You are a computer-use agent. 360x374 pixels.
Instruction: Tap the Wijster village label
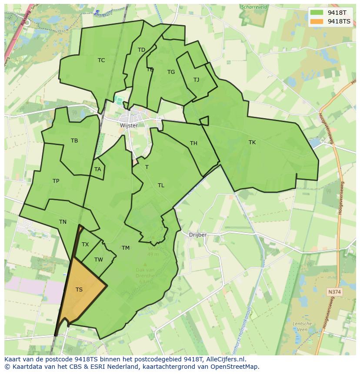point(129,126)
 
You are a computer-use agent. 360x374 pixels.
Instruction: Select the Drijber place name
point(198,235)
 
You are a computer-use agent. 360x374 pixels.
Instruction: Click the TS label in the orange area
point(79,290)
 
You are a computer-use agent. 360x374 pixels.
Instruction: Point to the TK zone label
point(252,142)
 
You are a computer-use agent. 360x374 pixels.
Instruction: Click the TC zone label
point(101,60)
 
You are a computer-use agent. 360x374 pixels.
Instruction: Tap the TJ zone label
point(196,80)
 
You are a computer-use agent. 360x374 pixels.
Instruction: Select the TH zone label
point(193,143)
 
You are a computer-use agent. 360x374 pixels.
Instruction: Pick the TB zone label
point(74,141)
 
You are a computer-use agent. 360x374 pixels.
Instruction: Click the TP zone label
point(56,181)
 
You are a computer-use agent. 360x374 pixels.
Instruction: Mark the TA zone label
point(97,169)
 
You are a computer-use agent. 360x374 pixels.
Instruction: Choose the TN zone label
point(63,222)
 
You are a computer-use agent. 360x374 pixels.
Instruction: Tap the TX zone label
point(85,245)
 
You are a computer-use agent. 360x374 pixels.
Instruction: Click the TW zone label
point(99,260)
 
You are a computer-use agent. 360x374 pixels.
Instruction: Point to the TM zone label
point(126,248)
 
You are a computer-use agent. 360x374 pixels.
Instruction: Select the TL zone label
point(161,185)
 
